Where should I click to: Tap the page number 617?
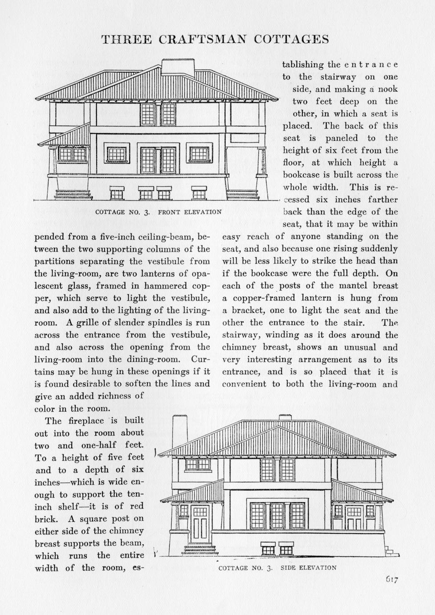[x=391, y=580]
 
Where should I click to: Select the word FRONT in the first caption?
[x=169, y=212]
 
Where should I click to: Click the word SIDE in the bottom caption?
[x=289, y=568]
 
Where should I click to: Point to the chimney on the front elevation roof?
[x=178, y=67]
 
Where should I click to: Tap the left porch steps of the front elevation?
[x=73, y=195]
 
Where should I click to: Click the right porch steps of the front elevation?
[x=242, y=194]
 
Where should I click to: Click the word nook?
[x=387, y=89]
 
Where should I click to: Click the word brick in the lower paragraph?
[x=46, y=519]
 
